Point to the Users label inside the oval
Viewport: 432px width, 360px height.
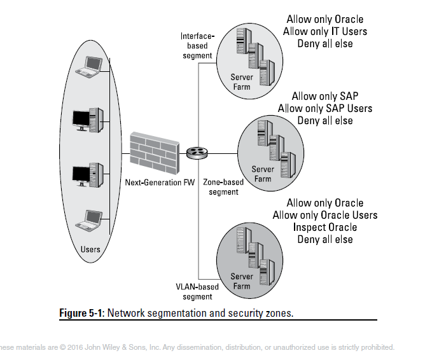(90, 249)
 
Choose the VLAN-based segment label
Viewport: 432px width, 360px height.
(197, 291)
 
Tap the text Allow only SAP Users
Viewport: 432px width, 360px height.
(325, 108)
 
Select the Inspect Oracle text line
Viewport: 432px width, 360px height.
(325, 227)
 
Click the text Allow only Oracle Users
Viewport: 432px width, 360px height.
(325, 215)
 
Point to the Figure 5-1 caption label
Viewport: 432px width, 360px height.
(81, 312)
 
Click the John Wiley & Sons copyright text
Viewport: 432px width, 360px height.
(197, 347)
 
